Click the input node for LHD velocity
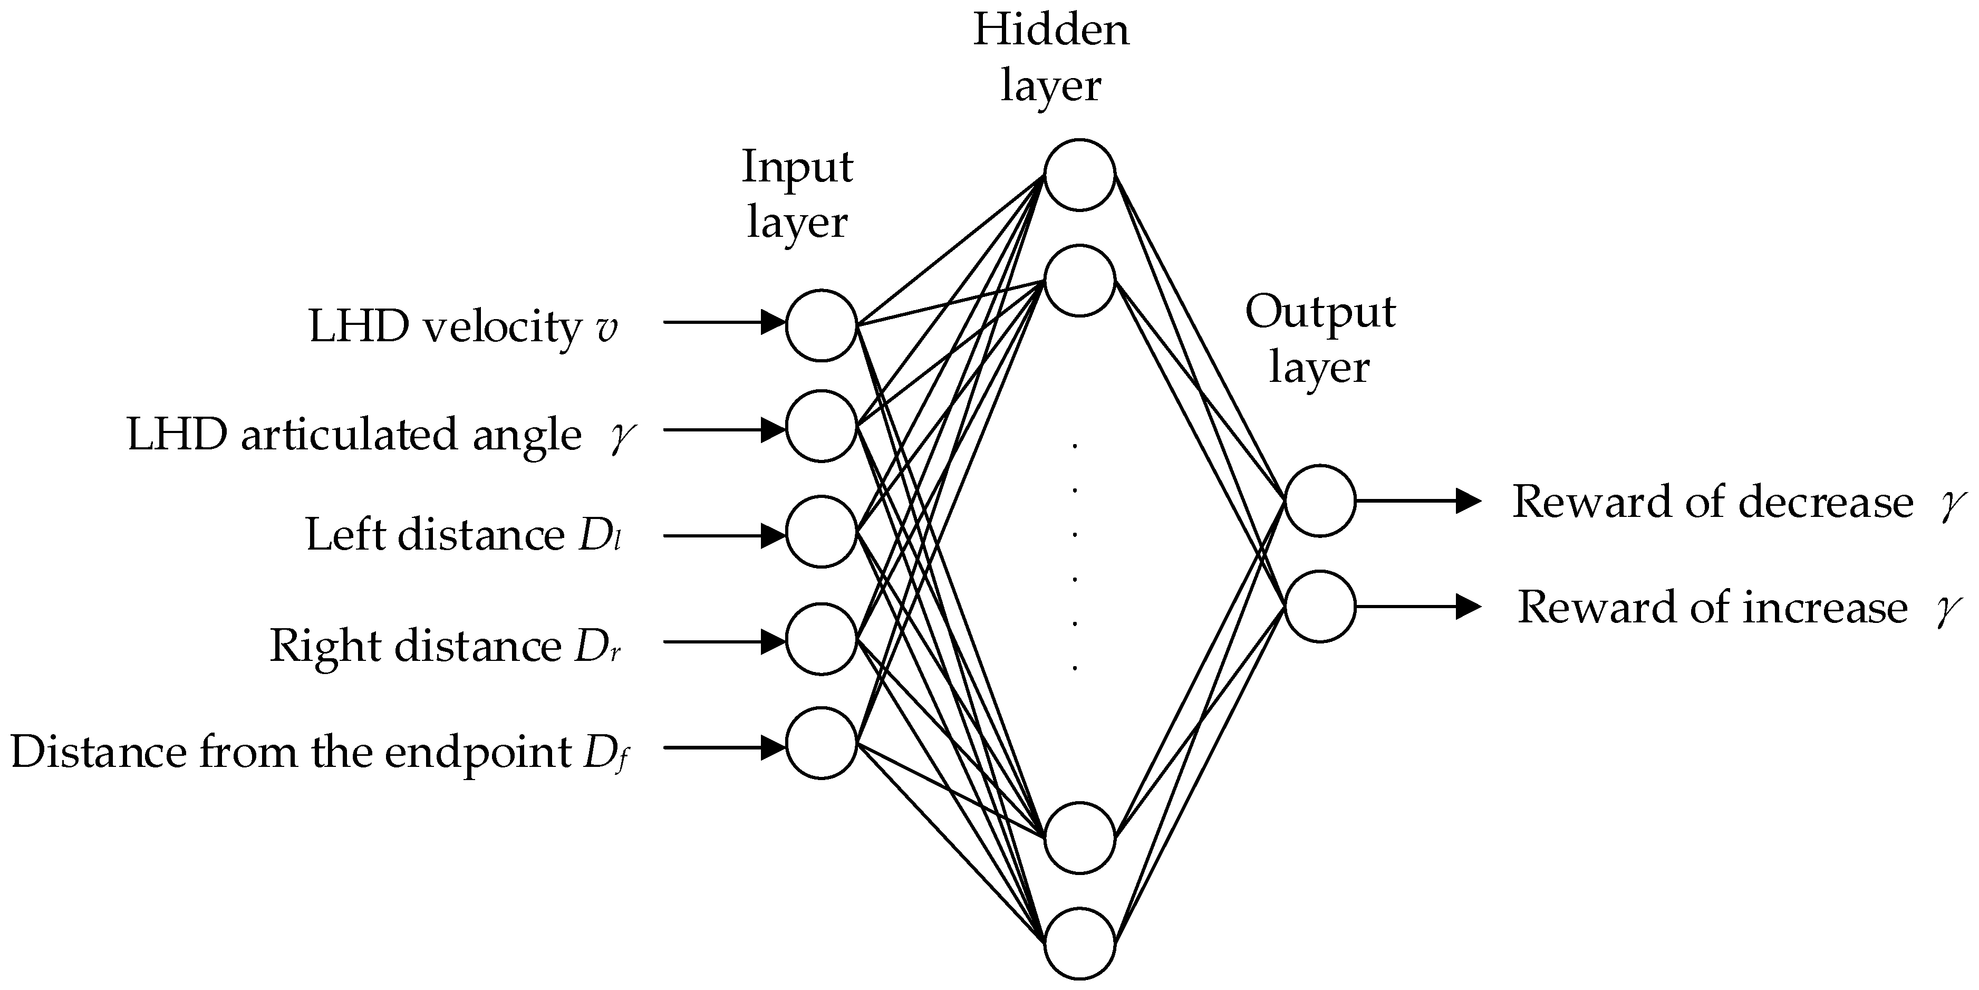point(821,325)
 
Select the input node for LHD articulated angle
point(821,426)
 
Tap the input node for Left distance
point(821,532)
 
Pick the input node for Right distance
point(821,639)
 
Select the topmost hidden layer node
point(1079,175)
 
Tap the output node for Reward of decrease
point(1320,501)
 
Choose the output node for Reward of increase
point(1320,607)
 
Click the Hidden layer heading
point(1051,57)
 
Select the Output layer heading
point(1320,339)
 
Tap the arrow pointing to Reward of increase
point(1417,607)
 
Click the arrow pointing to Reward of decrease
point(1417,501)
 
